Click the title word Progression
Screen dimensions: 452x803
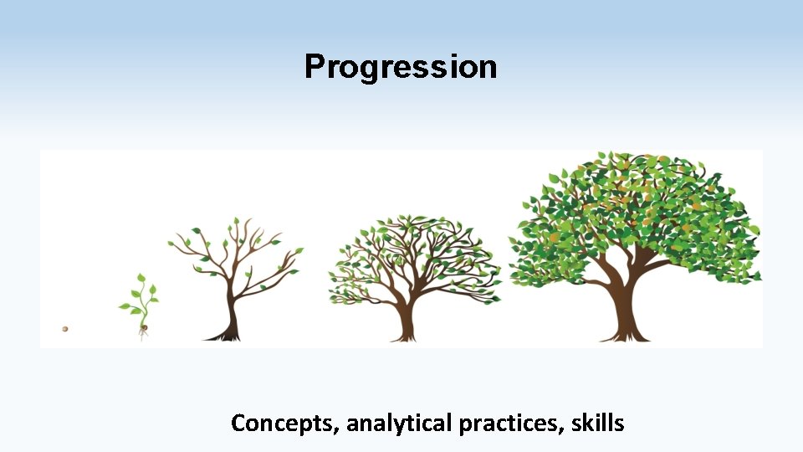[x=401, y=67]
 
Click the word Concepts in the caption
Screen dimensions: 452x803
[x=284, y=424]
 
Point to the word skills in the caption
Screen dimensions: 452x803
[x=597, y=424]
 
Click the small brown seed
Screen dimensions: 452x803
[x=64, y=329]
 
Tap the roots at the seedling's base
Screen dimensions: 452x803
[x=143, y=333]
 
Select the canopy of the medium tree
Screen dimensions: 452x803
[x=414, y=251]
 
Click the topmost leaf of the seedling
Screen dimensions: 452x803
[x=141, y=277]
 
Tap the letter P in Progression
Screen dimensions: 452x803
[x=314, y=67]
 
